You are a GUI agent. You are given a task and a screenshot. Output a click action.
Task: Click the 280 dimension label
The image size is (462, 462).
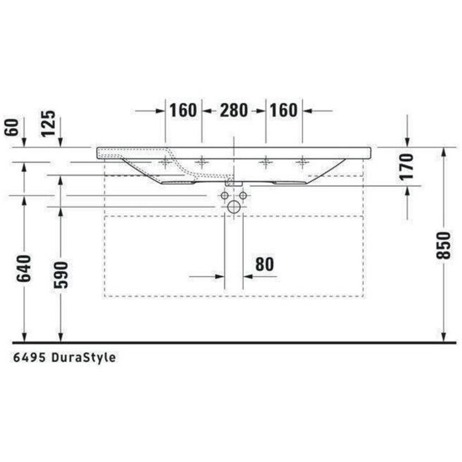point(234,110)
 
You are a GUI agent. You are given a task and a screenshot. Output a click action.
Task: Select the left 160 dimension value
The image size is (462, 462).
point(183,110)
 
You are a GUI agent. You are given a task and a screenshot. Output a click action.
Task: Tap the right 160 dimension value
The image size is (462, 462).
point(284,110)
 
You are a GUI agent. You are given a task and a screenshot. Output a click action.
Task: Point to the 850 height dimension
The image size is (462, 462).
point(444,246)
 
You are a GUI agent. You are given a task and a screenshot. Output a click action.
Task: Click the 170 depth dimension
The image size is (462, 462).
point(406,167)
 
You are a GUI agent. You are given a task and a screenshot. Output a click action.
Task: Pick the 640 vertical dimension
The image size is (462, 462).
point(23,268)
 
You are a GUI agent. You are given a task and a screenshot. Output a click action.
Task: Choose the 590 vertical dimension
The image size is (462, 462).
point(61,275)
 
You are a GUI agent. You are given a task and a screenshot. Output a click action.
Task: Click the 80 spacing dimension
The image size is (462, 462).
point(264,264)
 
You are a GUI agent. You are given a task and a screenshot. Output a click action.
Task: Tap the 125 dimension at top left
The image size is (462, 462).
point(48,123)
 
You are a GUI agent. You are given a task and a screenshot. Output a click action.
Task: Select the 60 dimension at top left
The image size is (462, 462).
point(12,127)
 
